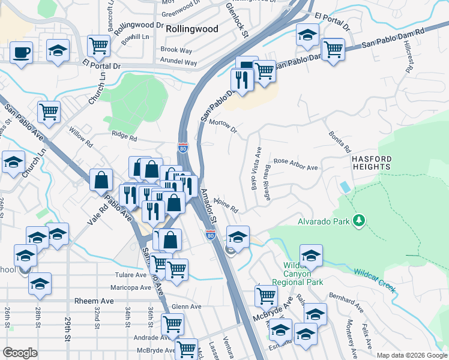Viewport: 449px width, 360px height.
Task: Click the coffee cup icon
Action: [x=22, y=52]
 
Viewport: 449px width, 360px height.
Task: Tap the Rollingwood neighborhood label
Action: [x=191, y=28]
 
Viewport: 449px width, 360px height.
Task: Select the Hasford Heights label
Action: [x=371, y=164]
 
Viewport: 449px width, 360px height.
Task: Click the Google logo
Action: [x=20, y=353]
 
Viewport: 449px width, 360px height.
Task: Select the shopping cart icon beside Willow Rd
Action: [x=49, y=111]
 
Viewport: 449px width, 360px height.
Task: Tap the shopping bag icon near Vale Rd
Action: [x=101, y=179]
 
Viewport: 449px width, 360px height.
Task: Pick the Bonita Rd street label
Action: [x=339, y=142]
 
